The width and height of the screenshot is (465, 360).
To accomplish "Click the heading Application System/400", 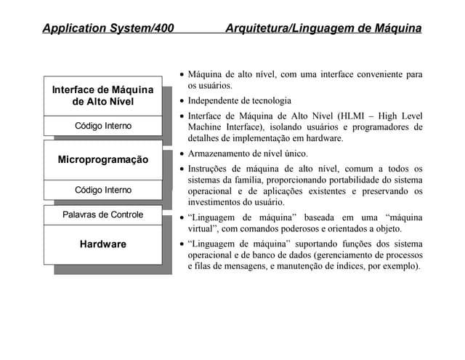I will [x=108, y=28].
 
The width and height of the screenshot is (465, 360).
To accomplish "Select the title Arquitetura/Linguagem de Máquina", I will [x=323, y=28].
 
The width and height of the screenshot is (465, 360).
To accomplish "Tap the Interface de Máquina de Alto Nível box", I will [x=102, y=95].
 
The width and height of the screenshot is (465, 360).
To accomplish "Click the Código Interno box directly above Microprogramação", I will [x=102, y=126].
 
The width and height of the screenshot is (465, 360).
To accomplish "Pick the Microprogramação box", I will [x=102, y=159].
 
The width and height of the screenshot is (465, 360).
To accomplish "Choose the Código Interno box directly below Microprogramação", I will [x=102, y=190].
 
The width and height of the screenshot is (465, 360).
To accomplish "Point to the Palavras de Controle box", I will [x=102, y=215].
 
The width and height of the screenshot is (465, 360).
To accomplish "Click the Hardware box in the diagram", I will [x=102, y=244].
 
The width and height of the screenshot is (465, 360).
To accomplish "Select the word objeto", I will [x=387, y=228].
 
